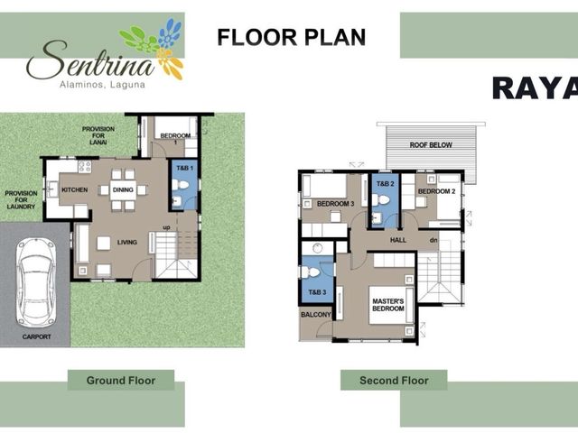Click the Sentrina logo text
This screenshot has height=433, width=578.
tap(90, 60)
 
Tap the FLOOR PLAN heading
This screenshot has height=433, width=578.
tap(291, 37)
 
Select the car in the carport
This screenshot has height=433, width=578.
tap(36, 282)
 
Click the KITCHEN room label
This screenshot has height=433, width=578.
tap(74, 190)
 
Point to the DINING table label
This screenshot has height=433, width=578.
tap(123, 190)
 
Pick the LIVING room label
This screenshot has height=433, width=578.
tap(127, 243)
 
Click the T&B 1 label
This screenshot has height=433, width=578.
tap(184, 169)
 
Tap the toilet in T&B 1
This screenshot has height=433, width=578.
tap(181, 184)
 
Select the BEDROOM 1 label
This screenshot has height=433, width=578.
tap(175, 138)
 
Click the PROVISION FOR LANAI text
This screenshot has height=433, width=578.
tap(98, 135)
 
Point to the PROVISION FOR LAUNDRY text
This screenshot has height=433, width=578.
tap(21, 200)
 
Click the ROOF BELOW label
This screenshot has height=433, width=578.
tap(431, 145)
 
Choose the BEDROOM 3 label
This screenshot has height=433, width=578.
tap(335, 204)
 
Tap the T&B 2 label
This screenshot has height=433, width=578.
tap(386, 184)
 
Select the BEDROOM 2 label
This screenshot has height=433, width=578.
tap(437, 191)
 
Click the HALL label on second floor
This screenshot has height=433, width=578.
tap(398, 240)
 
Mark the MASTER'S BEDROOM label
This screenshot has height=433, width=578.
tap(388, 305)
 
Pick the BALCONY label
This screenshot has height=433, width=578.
tap(316, 315)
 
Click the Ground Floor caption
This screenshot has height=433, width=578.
tap(121, 381)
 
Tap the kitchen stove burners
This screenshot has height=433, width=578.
tap(84, 167)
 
